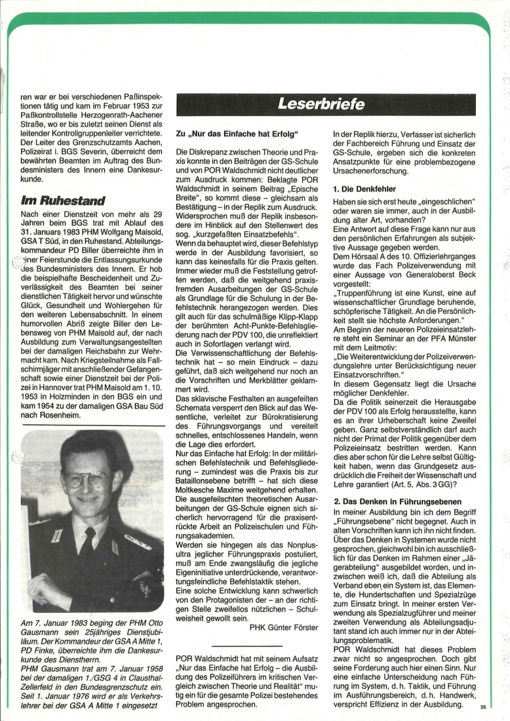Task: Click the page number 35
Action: pyautogui.click(x=483, y=707)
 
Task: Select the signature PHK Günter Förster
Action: pyautogui.click(x=284, y=626)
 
